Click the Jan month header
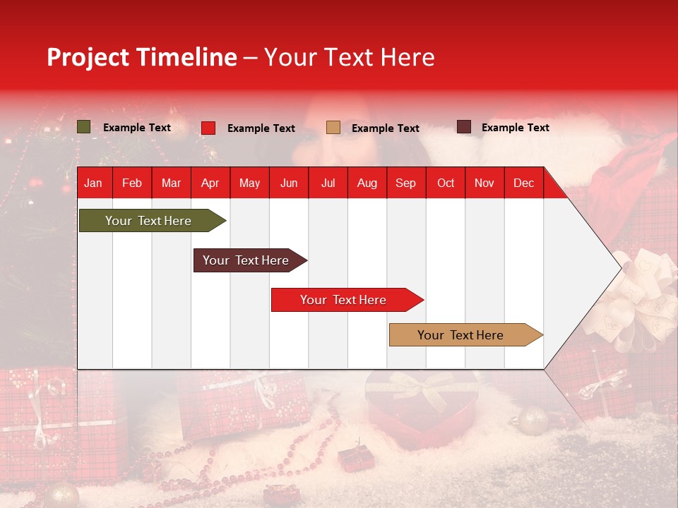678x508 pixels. pos(93,183)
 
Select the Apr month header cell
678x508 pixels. pos(210,183)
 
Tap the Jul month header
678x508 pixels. pos(328,183)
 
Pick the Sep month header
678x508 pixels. pos(405,183)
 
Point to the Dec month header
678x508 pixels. pos(523,183)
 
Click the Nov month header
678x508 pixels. pos(484,183)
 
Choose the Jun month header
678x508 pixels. pos(288,183)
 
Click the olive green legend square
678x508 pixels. pos(83,127)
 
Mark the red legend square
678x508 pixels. pos(208,128)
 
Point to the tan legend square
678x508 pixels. pos(333,127)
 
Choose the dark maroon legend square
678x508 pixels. pos(463,127)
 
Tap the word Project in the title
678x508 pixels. pos(88,56)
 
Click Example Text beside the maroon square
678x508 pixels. pos(515,127)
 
